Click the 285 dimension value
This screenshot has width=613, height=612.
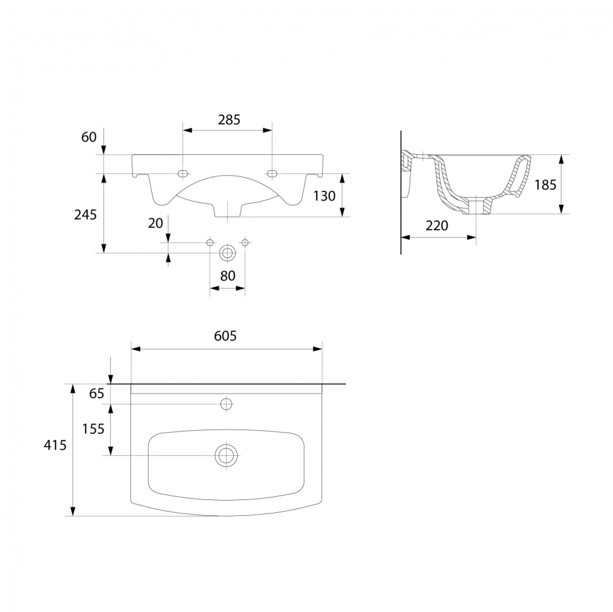229,119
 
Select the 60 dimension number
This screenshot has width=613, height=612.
89,136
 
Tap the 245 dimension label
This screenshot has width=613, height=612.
85,215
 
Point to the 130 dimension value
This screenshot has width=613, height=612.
324,196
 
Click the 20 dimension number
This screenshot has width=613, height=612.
155,223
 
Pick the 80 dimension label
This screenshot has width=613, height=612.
228,276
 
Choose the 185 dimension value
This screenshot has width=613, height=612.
545,184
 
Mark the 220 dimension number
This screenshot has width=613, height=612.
437,225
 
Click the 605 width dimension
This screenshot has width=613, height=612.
225,336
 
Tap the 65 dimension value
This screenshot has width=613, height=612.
97,393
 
